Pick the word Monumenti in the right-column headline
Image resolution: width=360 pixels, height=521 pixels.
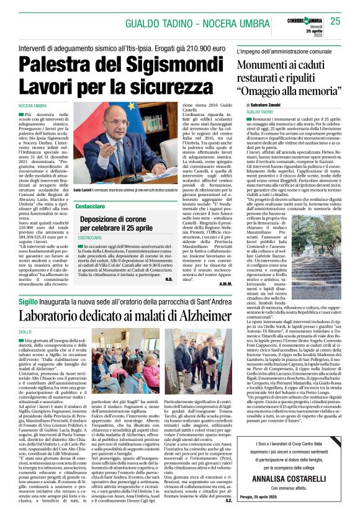click(x=266, y=66)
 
